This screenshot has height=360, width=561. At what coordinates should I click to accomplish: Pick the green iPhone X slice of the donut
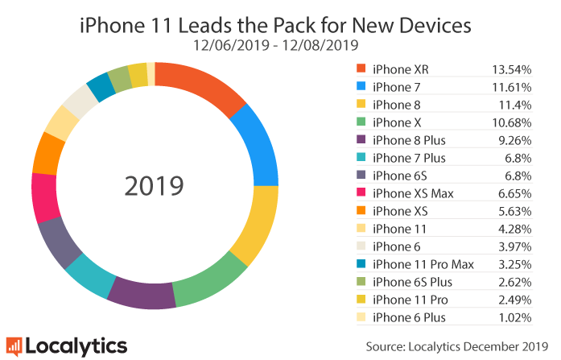point(210,282)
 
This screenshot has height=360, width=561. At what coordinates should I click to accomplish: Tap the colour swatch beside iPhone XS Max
point(360,193)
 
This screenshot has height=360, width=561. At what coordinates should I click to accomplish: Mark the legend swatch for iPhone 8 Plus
point(360,140)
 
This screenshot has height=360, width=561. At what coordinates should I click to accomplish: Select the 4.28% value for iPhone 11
point(515,229)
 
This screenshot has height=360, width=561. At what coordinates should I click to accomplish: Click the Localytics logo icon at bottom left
point(14,346)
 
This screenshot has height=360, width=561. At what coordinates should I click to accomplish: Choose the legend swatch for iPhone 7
point(360,87)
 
